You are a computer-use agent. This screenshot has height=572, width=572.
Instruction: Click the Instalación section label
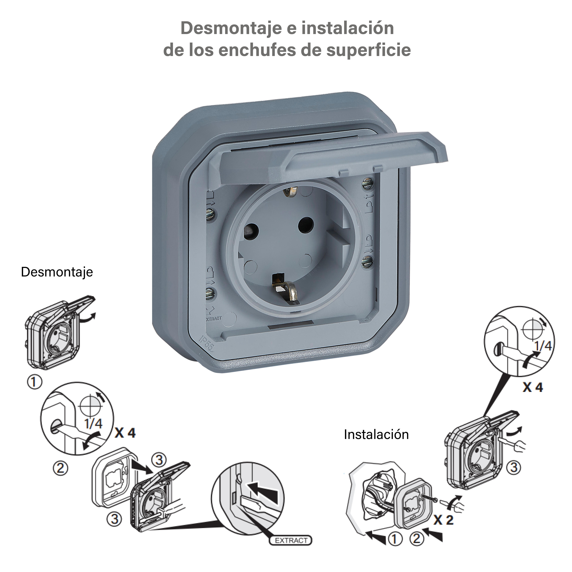click(376, 435)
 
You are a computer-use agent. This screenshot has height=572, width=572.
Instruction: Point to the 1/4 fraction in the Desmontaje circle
click(93, 423)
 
